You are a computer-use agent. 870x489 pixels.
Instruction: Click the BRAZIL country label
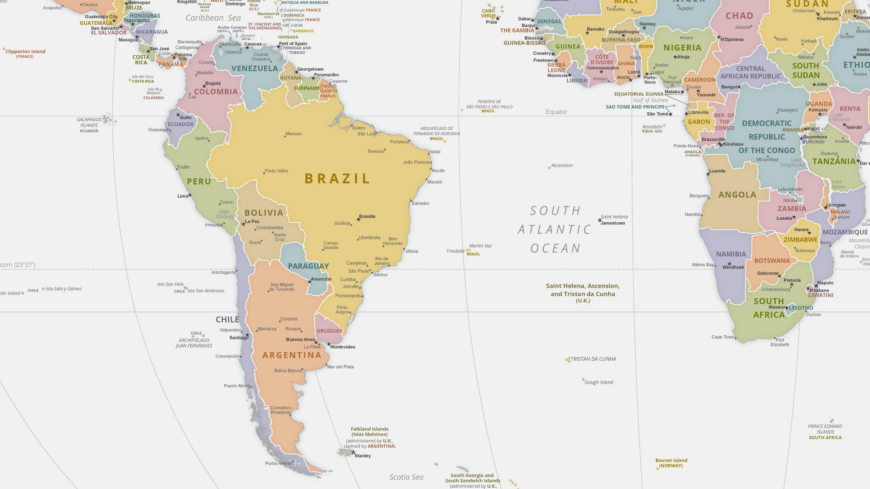(x=338, y=179)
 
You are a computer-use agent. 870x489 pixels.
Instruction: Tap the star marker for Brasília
(x=358, y=219)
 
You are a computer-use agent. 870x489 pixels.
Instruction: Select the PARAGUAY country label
(x=308, y=266)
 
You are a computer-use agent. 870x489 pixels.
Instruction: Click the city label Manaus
(x=293, y=134)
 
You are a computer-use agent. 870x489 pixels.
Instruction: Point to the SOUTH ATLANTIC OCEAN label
(x=555, y=230)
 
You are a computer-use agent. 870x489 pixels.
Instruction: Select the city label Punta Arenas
(x=279, y=463)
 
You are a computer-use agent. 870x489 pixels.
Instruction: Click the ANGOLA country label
(x=737, y=195)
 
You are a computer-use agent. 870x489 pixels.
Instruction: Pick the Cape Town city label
(x=722, y=337)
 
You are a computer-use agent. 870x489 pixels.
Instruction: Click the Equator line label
(x=556, y=112)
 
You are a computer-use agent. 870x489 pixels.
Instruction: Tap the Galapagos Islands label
(x=89, y=122)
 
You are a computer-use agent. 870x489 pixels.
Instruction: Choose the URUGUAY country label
(x=329, y=331)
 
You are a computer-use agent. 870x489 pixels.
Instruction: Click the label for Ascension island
(x=562, y=165)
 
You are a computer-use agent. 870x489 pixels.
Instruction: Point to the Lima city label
(x=182, y=196)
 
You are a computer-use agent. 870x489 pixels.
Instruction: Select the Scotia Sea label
(x=406, y=477)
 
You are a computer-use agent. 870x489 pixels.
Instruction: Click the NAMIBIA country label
(x=731, y=254)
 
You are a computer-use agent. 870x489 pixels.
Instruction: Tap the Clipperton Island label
(x=25, y=52)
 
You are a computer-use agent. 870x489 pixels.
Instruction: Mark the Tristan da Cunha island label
(x=593, y=359)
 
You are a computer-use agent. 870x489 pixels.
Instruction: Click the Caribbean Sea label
(x=213, y=18)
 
